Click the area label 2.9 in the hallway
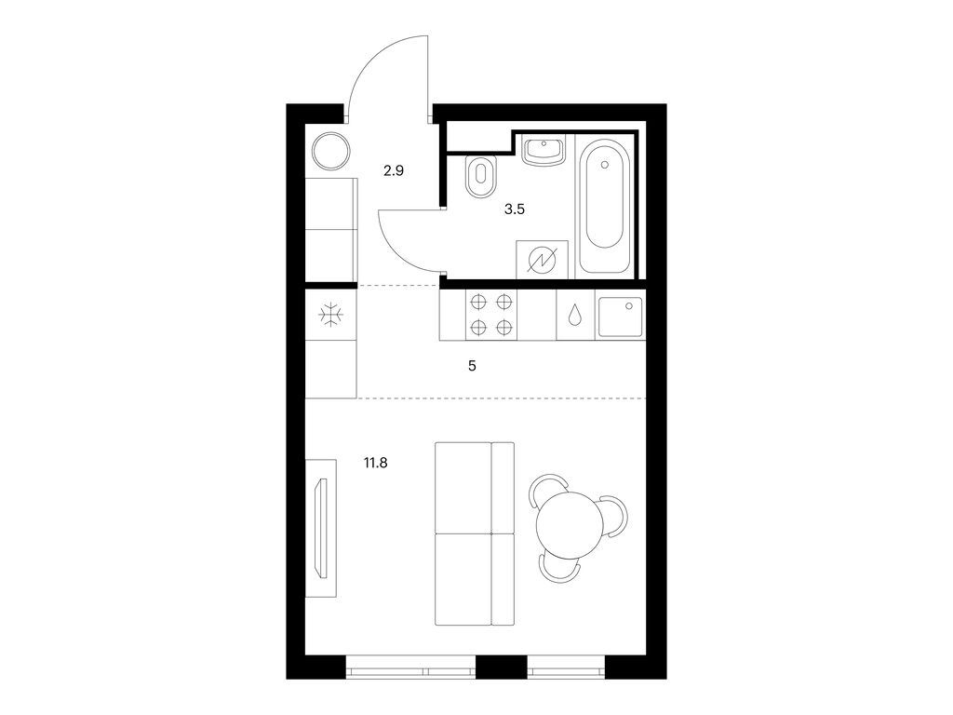(394, 171)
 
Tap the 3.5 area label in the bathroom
(515, 209)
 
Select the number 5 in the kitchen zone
(473, 366)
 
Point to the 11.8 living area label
(376, 459)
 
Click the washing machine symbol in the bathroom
(542, 260)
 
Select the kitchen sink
(619, 316)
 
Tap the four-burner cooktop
(491, 315)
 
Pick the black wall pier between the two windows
(502, 668)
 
